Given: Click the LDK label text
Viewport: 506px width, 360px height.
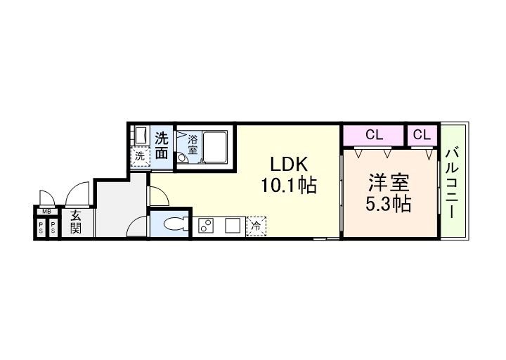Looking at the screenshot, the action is (289, 164).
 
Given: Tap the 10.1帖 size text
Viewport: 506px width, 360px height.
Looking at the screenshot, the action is (289, 186).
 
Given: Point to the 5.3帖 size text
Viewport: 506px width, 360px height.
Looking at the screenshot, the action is (389, 205).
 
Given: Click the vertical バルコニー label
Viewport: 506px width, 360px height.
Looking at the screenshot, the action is (453, 181).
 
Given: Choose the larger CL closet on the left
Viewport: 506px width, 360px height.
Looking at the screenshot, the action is (373, 134).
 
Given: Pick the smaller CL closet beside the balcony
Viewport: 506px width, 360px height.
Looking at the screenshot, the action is (422, 134).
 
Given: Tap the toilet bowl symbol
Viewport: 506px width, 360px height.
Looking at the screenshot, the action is (171, 225).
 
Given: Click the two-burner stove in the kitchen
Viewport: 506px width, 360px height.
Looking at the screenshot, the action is (207, 226).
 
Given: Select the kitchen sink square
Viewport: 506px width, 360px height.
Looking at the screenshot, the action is (232, 226).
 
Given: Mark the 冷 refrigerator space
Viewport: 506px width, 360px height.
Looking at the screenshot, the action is (257, 226).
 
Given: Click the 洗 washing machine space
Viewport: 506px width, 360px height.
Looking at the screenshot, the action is (140, 157).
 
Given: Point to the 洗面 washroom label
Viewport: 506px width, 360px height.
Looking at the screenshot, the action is (162, 144).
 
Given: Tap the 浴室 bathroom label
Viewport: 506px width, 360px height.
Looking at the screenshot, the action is (192, 143).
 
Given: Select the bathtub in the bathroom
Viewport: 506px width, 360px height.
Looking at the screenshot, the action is (216, 146).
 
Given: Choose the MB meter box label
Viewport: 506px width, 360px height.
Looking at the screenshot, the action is (46, 211).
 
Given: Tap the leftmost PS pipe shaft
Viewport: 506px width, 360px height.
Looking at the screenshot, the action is (41, 227).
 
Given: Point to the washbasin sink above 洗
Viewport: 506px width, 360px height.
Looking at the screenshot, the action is (139, 135).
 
